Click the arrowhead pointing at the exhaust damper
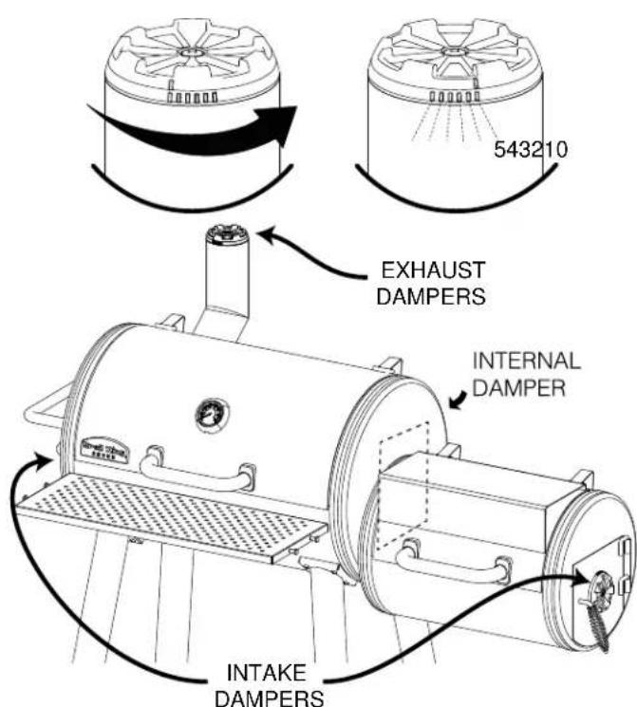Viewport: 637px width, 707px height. [270, 233]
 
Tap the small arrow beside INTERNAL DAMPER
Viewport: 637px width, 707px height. [460, 404]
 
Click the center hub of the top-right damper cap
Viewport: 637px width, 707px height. [453, 48]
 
